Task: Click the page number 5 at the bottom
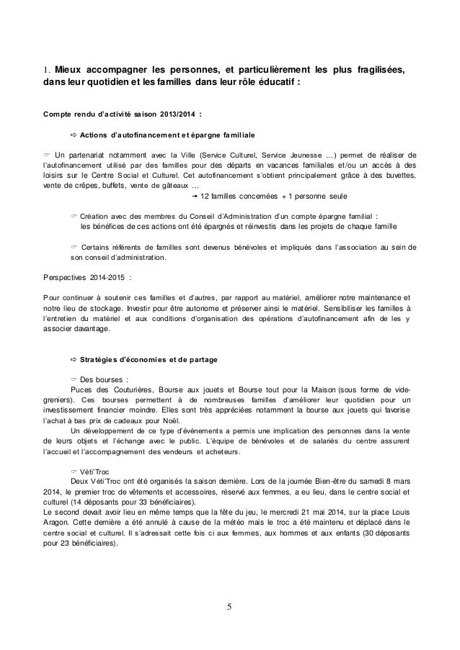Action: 229,605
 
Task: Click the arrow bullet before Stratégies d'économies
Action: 74,358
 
